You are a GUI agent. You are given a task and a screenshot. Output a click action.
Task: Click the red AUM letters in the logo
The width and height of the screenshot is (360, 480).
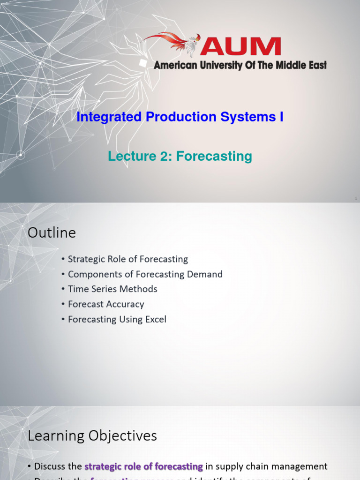(241, 47)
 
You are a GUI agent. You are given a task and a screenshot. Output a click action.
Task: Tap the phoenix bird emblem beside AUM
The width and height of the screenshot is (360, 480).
(176, 44)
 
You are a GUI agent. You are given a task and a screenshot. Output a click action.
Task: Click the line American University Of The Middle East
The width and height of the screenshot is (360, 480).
(240, 66)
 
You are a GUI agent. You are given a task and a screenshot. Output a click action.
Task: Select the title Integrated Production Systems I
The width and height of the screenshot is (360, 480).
(180, 117)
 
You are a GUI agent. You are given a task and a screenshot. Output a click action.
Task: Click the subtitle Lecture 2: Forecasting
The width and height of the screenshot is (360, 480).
(180, 156)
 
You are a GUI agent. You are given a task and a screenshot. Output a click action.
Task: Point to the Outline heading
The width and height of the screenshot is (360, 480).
(52, 232)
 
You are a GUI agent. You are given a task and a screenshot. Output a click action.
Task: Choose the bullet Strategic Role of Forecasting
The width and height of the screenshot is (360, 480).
(127, 259)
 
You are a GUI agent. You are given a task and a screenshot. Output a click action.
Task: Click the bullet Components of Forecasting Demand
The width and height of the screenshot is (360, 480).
(145, 274)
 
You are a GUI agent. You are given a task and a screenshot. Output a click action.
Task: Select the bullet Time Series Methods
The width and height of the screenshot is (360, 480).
(112, 289)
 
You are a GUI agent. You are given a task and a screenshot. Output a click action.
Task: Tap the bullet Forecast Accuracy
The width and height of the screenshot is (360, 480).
(106, 304)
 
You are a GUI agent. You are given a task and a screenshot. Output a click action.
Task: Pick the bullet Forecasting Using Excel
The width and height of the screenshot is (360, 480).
(117, 319)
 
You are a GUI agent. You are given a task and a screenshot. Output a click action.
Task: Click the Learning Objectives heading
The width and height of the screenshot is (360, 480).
(92, 436)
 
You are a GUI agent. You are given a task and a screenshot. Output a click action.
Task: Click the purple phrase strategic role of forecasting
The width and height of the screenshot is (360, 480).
(143, 466)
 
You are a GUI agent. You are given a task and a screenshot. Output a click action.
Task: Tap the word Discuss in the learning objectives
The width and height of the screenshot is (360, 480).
(51, 466)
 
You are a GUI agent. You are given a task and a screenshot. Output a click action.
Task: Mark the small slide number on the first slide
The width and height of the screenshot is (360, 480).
(356, 199)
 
